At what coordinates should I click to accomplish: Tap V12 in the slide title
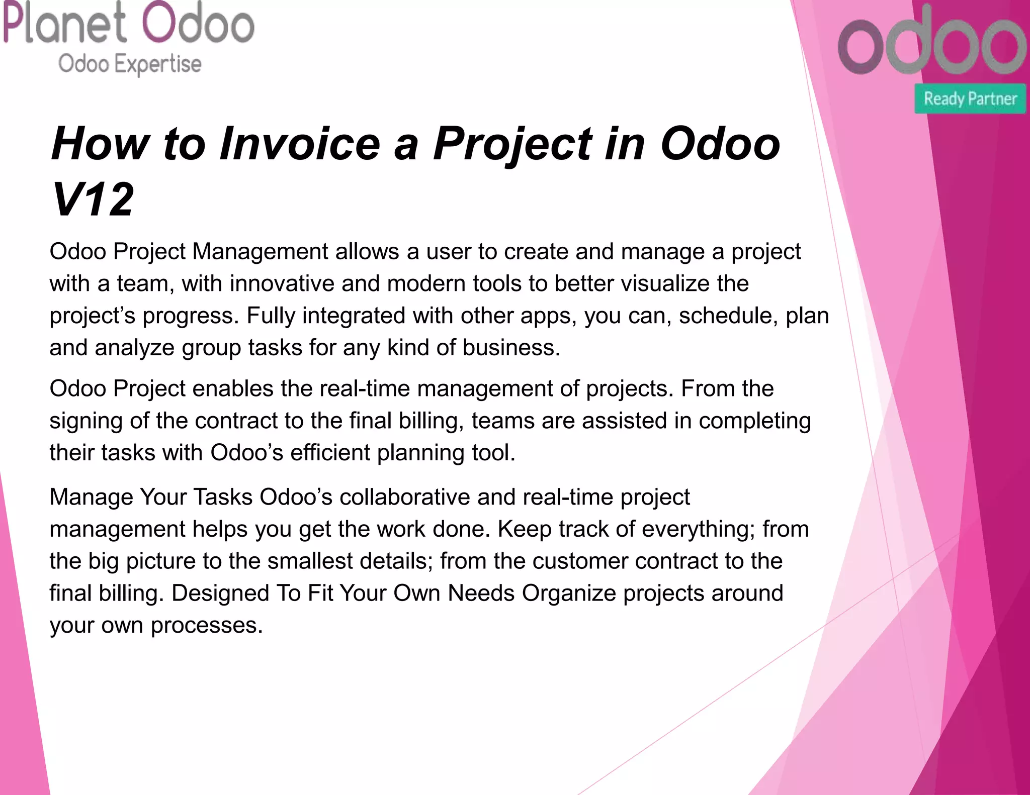(x=93, y=200)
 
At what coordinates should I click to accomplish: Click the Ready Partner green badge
(x=970, y=98)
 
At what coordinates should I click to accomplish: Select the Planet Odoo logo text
(x=129, y=24)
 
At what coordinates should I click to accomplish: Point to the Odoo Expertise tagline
(x=130, y=64)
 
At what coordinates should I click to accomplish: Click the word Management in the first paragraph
(x=260, y=251)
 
